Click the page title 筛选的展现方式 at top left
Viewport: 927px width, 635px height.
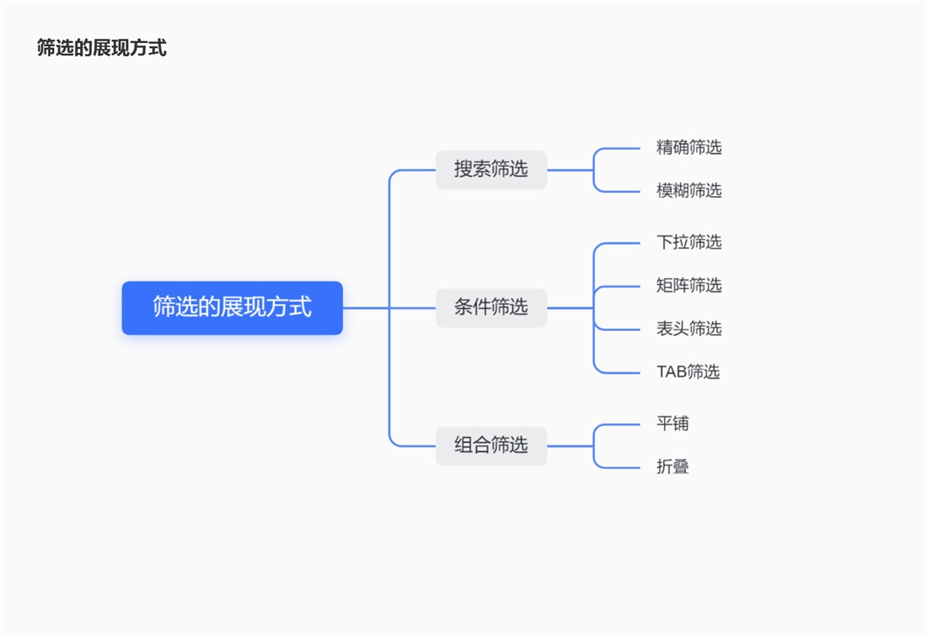click(102, 48)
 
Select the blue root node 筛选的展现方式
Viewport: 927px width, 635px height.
click(232, 307)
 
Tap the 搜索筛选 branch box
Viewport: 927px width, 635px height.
click(490, 169)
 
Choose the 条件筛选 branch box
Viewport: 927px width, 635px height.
click(490, 307)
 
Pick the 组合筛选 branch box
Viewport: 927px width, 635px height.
click(490, 446)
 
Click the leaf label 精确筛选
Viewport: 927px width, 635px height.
click(689, 148)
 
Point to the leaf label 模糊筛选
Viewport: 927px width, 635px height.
click(689, 191)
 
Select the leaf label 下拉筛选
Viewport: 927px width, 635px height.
click(689, 243)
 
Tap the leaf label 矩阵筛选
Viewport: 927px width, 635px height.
click(689, 285)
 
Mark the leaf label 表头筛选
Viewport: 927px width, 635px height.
click(689, 328)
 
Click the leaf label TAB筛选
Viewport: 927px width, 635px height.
click(688, 372)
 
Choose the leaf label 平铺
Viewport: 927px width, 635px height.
click(672, 424)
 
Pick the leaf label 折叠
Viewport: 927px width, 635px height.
click(672, 467)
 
